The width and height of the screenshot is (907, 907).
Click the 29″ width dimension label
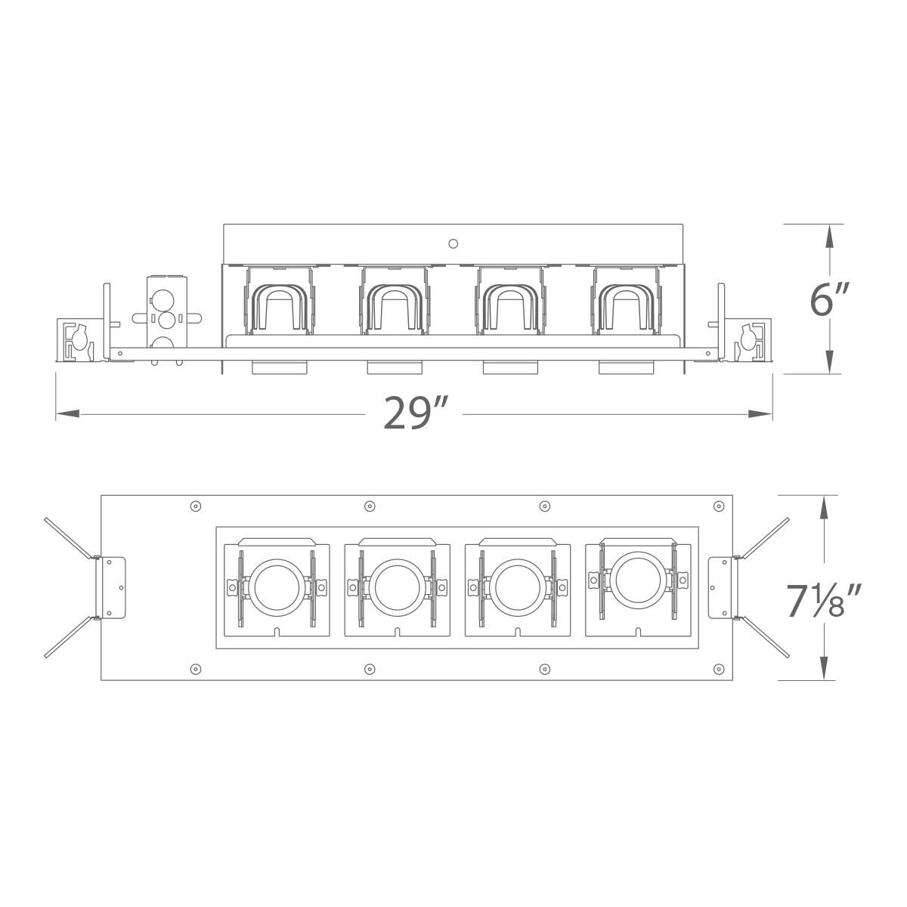(416, 413)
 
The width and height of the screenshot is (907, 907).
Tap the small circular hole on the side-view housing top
(453, 243)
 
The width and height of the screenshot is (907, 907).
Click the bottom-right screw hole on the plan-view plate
(717, 668)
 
